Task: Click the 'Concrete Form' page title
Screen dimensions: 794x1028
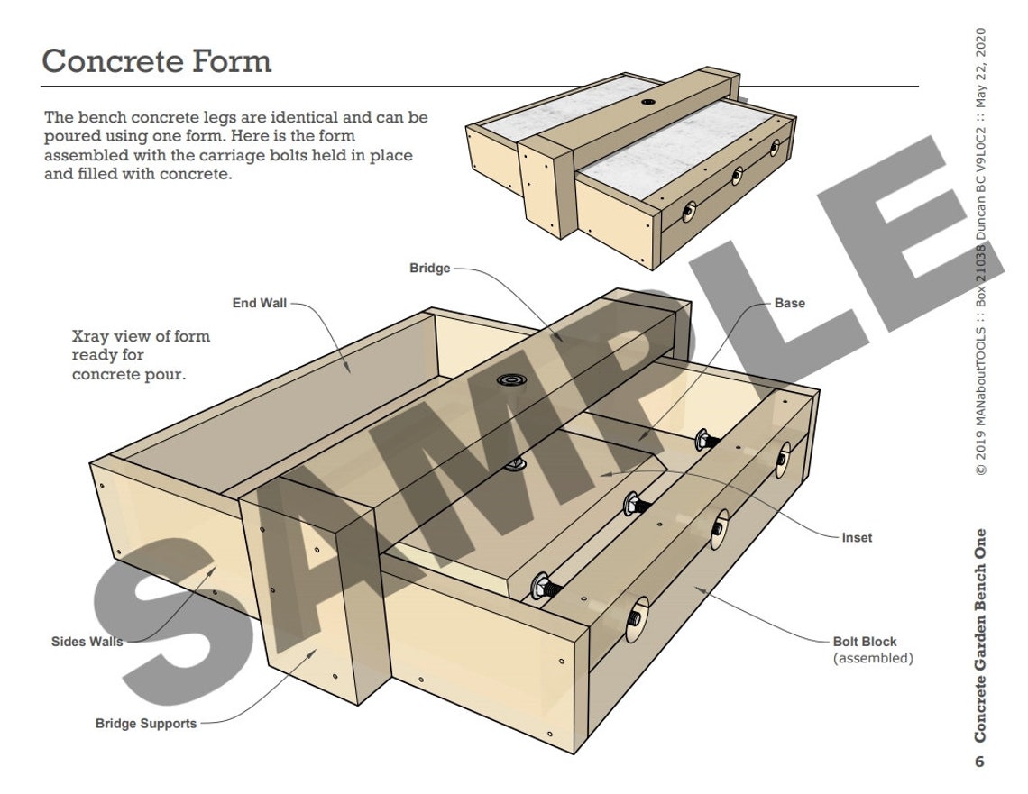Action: tap(156, 61)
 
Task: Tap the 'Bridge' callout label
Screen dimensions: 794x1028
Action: tap(429, 269)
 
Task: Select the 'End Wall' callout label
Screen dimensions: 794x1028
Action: tap(259, 304)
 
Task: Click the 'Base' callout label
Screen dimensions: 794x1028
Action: tap(789, 304)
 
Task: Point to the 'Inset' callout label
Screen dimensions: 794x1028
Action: tap(857, 538)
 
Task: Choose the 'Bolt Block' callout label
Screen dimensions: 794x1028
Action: tap(864, 643)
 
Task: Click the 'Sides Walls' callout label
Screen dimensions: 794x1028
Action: tap(87, 643)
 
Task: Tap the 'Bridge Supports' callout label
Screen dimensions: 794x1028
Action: tap(145, 724)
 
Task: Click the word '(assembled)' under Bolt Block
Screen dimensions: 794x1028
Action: tap(872, 659)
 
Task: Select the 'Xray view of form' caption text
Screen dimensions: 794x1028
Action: tap(141, 337)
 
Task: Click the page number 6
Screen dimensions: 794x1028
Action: tap(980, 762)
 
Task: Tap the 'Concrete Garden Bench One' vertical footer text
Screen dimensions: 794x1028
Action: tap(980, 634)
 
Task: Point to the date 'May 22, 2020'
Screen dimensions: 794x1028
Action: tap(980, 68)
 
